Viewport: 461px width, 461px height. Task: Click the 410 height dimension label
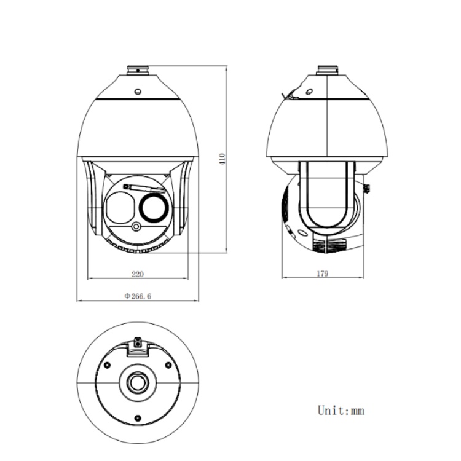pos(223,159)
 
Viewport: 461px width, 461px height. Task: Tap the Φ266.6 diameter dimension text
pos(138,296)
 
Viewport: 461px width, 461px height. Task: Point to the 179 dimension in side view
pos(322,274)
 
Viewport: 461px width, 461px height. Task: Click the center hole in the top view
pos(136,382)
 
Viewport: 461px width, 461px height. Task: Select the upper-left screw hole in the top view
pos(108,365)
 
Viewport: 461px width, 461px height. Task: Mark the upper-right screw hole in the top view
pos(165,365)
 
